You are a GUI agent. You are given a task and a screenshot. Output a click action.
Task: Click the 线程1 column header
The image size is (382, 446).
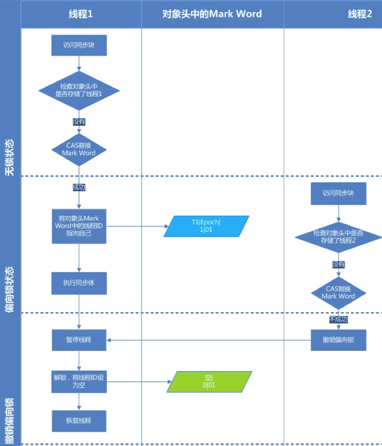tap(80, 14)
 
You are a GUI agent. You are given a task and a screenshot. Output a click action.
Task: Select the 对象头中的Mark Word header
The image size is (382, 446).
tap(212, 14)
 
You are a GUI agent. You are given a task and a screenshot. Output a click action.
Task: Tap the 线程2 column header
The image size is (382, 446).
tap(360, 14)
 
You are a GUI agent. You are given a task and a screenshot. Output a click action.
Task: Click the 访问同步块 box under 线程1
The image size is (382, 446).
tap(79, 45)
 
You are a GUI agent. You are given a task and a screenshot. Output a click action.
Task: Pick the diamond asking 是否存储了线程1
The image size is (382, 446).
tap(79, 91)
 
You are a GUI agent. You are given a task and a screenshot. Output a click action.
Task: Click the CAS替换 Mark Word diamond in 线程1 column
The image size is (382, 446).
tap(79, 149)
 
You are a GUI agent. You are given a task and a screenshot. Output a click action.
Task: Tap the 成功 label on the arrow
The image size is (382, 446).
tap(79, 187)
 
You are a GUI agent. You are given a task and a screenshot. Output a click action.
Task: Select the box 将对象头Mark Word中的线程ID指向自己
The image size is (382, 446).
tap(79, 226)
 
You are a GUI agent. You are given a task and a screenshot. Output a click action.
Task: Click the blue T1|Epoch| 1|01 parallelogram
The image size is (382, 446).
tap(207, 226)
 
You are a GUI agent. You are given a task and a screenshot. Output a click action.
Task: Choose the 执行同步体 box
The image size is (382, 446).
tap(79, 283)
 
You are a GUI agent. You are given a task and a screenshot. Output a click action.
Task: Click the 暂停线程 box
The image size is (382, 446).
tap(79, 340)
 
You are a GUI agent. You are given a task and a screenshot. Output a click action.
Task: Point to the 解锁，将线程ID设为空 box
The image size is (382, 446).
tap(79, 381)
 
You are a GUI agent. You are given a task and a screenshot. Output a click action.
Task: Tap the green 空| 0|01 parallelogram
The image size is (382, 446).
tap(209, 381)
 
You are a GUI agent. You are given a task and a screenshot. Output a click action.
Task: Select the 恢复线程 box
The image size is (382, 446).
tap(79, 421)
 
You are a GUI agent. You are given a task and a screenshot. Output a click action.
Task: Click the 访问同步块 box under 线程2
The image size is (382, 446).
tap(338, 193)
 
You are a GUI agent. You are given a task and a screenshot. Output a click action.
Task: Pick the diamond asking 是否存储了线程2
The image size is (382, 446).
tap(338, 237)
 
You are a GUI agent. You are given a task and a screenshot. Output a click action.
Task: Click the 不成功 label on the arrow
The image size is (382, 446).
tap(338, 319)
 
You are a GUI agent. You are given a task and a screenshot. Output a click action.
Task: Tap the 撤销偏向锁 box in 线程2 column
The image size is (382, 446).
tap(338, 340)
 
